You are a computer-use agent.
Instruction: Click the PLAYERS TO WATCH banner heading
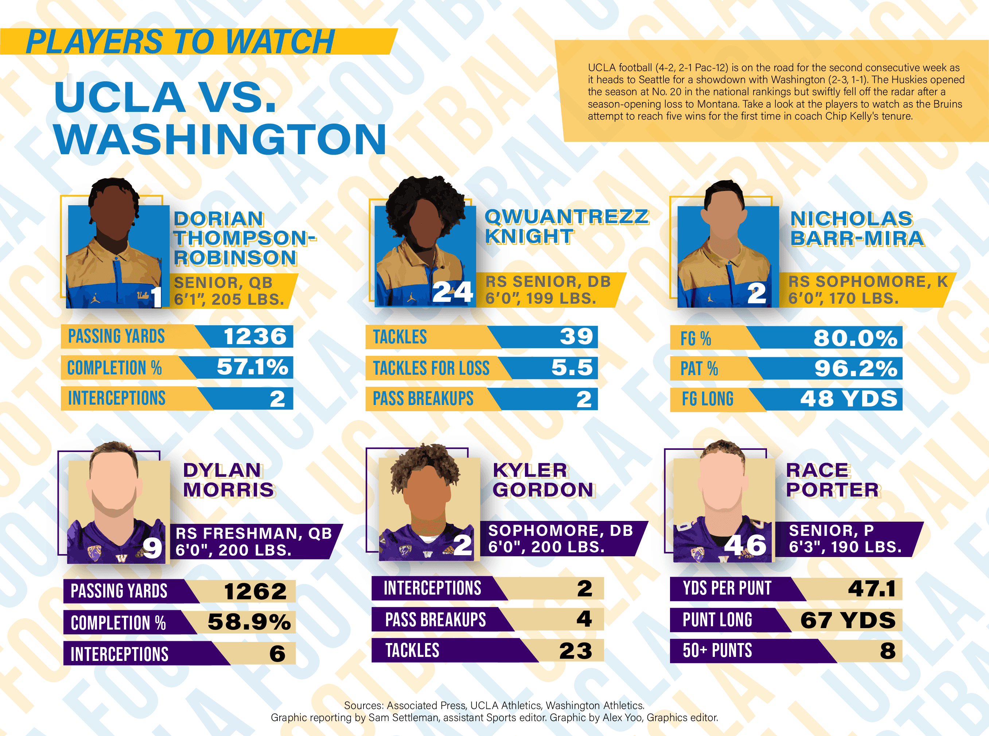point(180,42)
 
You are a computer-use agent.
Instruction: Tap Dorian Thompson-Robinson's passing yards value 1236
point(255,336)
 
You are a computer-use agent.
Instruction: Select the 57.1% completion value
point(252,367)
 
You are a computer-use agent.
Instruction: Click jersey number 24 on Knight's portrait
point(452,293)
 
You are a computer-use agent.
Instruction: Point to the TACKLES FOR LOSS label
point(431,369)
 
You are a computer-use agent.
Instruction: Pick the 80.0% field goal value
point(855,338)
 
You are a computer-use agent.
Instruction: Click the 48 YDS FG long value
point(849,399)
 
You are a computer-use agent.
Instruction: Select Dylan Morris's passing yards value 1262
point(255,592)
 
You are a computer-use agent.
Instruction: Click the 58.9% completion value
point(249,622)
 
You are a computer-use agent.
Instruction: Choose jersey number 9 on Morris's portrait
point(152,548)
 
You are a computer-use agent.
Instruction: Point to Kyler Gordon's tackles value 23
point(576,651)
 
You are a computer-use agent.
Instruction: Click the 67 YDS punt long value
point(848,620)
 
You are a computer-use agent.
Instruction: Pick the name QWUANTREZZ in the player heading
point(566,217)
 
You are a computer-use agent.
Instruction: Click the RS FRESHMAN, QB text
point(253,533)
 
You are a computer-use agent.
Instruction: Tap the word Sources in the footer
point(363,706)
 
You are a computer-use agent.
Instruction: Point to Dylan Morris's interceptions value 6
point(277,654)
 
